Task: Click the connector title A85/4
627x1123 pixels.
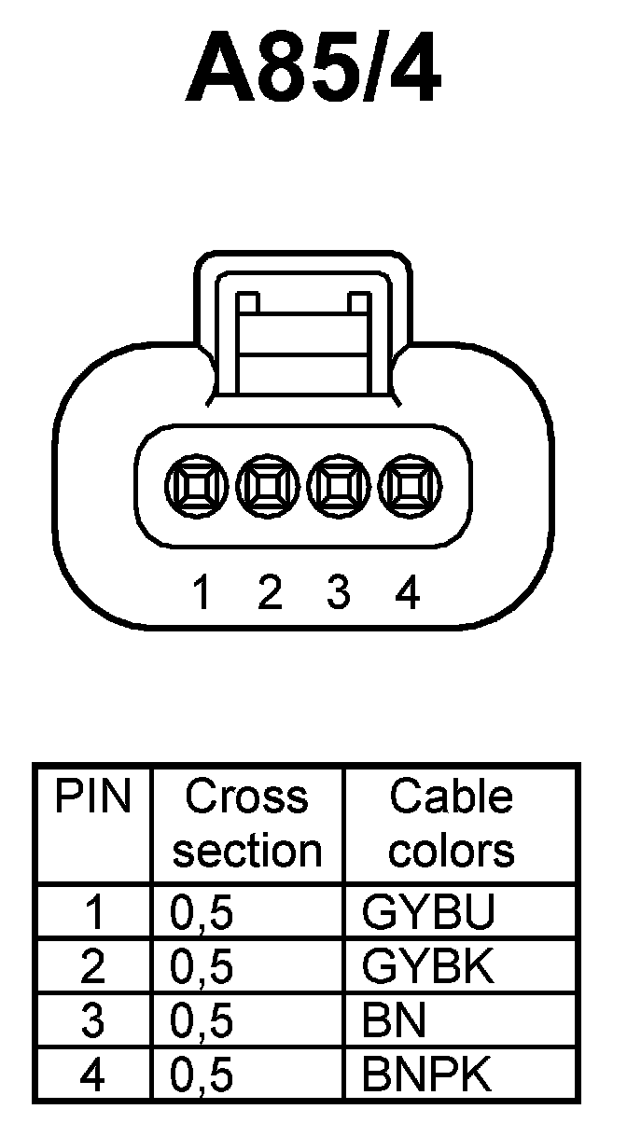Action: click(x=313, y=73)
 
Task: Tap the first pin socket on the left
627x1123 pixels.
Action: click(x=196, y=486)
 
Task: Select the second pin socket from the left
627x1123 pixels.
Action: click(x=269, y=486)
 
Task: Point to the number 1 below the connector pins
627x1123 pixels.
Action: click(x=201, y=592)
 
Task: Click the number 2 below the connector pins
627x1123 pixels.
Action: click(x=270, y=592)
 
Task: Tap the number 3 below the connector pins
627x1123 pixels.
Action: click(x=339, y=592)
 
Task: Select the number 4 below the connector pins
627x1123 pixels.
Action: click(x=408, y=592)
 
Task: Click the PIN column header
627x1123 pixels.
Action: click(x=93, y=797)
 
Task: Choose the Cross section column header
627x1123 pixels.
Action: click(x=247, y=824)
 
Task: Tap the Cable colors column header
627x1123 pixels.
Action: click(x=452, y=824)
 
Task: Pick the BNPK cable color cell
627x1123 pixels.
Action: click(x=427, y=1075)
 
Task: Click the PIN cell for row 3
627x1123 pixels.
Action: click(x=93, y=1022)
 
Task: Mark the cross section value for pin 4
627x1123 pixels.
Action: click(x=202, y=1076)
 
